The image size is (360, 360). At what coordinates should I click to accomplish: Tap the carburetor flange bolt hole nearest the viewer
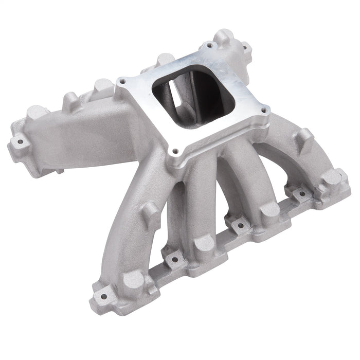pyautogui.click(x=175, y=151)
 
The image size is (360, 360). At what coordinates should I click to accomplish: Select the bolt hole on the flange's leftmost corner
pyautogui.click(x=122, y=81)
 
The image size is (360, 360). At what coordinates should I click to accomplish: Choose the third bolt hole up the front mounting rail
pyautogui.click(x=240, y=225)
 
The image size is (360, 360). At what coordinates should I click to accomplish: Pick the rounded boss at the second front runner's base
pyautogui.click(x=205, y=244)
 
